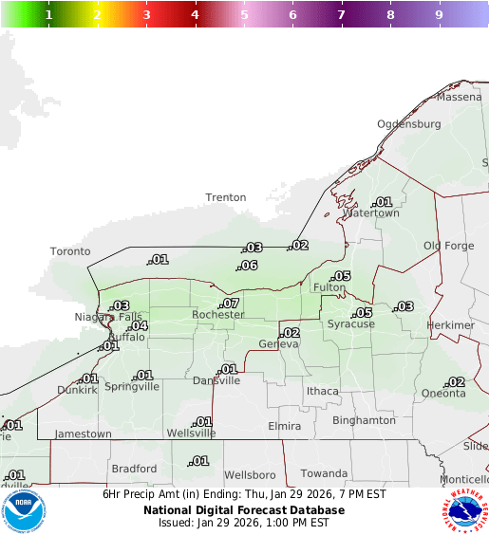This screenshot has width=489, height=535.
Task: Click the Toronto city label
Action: (70, 251)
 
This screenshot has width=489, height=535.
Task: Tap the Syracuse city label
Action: (351, 323)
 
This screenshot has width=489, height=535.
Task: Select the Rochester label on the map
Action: (218, 315)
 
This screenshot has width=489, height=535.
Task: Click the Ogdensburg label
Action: (409, 124)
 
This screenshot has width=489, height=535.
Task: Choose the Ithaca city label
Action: (322, 391)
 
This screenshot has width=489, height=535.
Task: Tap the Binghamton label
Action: (364, 419)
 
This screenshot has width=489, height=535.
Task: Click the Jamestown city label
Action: (85, 434)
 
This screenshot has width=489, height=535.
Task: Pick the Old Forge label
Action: (448, 246)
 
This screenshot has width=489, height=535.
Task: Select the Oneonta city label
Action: (443, 394)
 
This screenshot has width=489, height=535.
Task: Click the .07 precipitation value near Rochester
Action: (230, 304)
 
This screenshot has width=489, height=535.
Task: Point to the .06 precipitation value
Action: (249, 266)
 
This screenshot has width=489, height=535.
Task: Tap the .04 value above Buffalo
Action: (139, 326)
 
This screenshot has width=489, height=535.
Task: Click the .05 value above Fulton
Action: (341, 276)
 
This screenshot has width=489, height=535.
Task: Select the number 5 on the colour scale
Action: (244, 15)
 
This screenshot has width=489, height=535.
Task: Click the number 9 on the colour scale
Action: (439, 15)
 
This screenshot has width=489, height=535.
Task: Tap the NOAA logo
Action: (25, 510)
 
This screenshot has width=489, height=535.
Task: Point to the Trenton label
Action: (226, 197)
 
